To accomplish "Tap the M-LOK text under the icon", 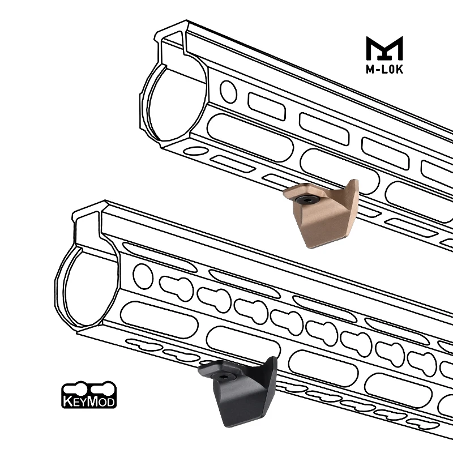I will [384, 69].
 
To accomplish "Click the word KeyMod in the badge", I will [89, 401].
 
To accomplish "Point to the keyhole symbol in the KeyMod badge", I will [89, 389].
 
